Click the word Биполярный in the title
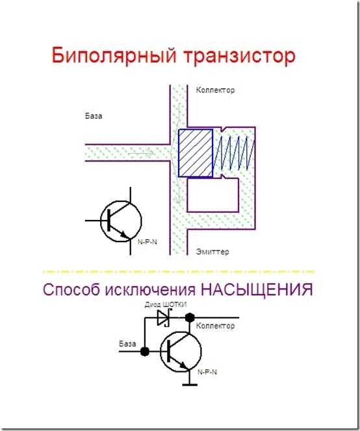tap(114, 56)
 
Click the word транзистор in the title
tap(239, 56)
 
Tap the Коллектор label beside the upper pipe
tap(215, 90)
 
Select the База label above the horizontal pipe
tap(94, 116)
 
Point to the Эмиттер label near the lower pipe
tap(212, 251)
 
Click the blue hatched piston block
tap(196, 153)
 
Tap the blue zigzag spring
tap(234, 152)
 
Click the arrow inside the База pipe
tap(141, 153)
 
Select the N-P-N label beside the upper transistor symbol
tap(148, 242)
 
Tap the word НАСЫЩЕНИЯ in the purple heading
tap(257, 289)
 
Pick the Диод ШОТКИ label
tap(166, 304)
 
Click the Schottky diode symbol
tap(164, 318)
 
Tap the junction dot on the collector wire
tap(190, 318)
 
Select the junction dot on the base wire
tap(145, 351)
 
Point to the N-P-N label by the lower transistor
tap(207, 372)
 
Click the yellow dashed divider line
tap(178, 271)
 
